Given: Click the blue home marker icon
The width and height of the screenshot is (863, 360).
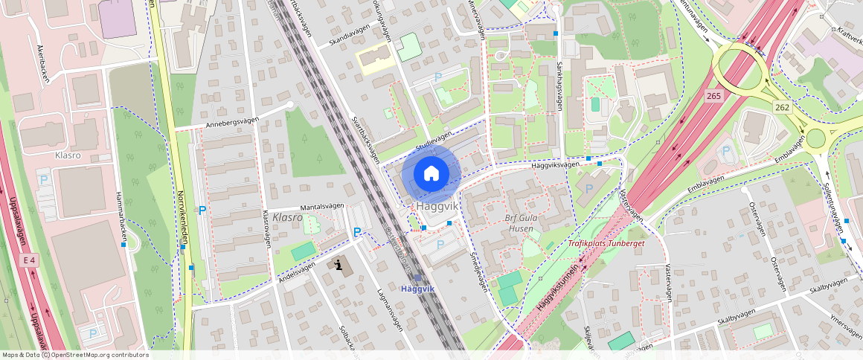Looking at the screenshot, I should (x=431, y=174).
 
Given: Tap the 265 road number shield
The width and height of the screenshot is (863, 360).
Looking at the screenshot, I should (x=714, y=96).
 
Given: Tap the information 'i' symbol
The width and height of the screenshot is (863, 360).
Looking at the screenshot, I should (x=339, y=264).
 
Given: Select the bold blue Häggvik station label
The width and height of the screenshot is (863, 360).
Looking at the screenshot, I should (x=417, y=288).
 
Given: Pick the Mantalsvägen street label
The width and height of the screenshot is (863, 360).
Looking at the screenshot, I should (x=321, y=207).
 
